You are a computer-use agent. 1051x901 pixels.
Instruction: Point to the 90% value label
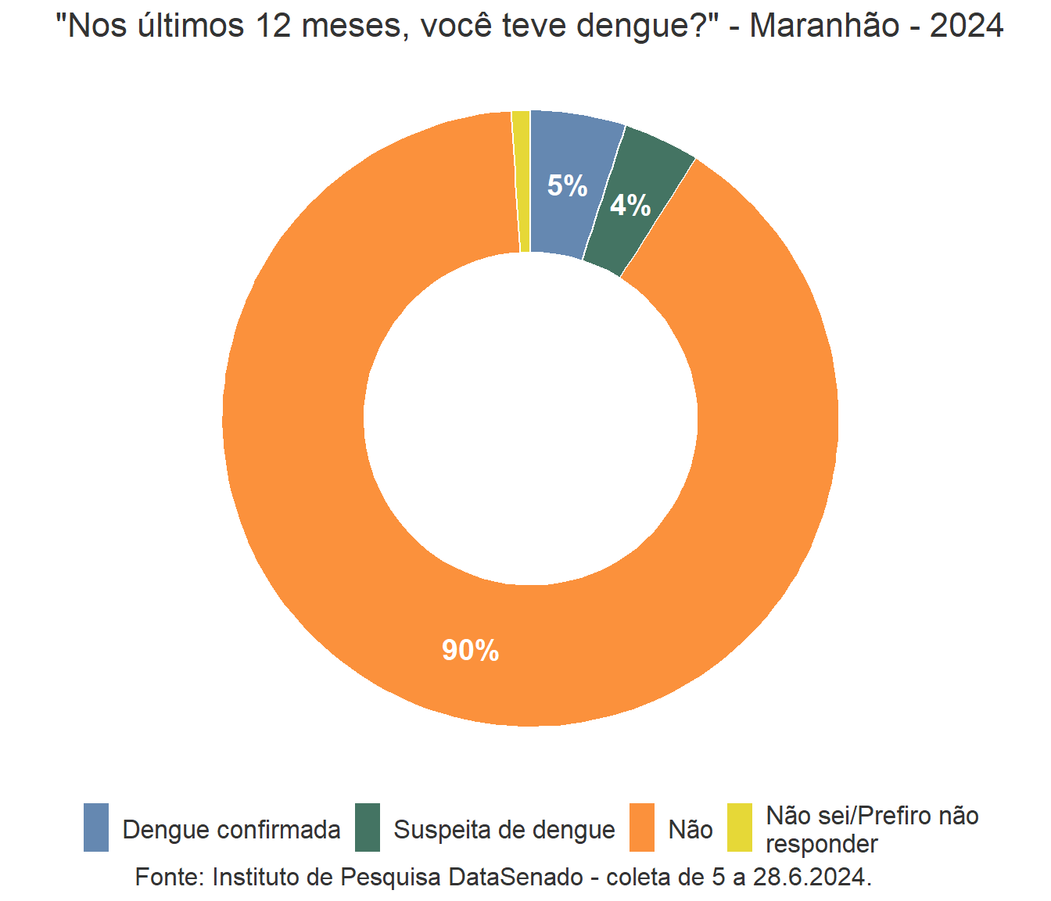point(470,651)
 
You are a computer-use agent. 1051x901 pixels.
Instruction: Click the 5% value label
point(567,186)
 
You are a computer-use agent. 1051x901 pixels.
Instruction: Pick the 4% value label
point(630,206)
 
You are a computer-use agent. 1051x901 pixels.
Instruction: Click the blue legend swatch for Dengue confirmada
point(96,827)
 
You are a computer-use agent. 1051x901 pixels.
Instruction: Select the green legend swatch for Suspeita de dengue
point(367,827)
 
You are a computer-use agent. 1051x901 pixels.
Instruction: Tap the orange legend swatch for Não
point(642,827)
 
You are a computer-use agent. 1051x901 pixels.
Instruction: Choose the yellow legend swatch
point(739,827)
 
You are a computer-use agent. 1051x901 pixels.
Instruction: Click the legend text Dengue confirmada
point(231,830)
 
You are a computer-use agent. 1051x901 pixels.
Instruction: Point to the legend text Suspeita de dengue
point(504,830)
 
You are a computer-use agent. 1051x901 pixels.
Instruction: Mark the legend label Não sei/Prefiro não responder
point(872,830)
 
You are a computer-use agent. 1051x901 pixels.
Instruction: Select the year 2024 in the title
point(967,26)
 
